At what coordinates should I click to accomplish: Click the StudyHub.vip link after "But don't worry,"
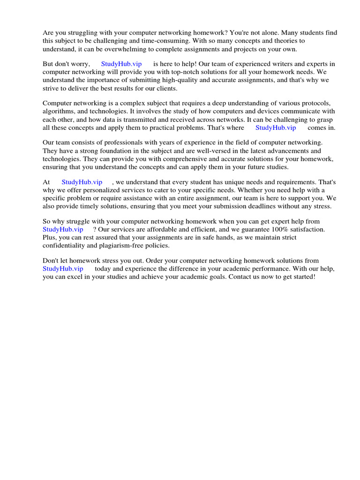click(121, 64)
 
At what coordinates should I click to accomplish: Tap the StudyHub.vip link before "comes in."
click(276, 127)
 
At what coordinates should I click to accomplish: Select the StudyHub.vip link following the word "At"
click(82, 182)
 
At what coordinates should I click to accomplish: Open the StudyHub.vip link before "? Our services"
click(63, 229)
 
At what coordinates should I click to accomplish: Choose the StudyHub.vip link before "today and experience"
click(63, 269)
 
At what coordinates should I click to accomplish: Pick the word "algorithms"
click(58, 112)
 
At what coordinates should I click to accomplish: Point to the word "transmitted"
click(151, 120)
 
